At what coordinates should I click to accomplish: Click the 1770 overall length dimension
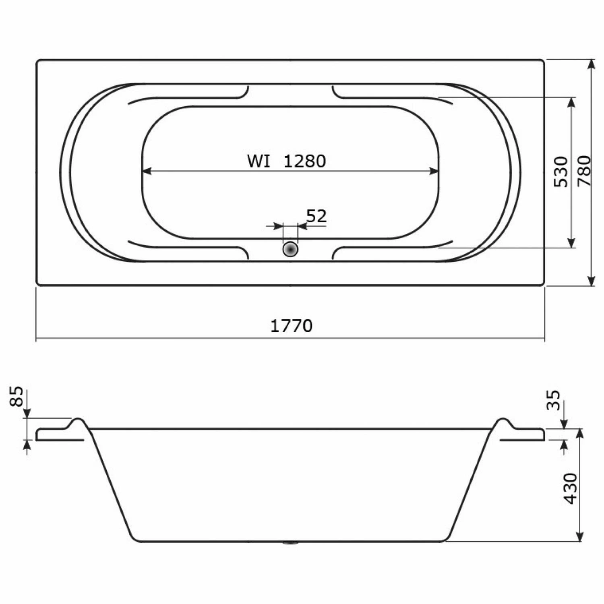pos(291,326)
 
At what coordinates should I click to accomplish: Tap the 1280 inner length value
pos(304,161)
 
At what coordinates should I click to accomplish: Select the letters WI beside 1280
pos(259,161)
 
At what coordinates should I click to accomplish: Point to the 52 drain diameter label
pos(316,217)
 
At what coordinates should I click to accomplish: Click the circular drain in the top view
pos(290,249)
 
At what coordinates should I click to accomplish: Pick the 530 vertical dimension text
pos(561,172)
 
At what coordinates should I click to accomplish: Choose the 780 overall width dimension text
pos(584,171)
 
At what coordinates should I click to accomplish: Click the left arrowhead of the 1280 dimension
pos(147,172)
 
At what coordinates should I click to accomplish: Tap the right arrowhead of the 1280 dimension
pos(434,172)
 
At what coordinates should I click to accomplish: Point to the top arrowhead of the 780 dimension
pos(591,65)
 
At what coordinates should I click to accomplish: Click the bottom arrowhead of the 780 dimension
pos(591,281)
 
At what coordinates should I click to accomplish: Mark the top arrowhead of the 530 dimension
pos(571,102)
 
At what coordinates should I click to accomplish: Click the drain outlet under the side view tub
pos(290,543)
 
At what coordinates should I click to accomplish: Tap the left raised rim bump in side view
pos(79,421)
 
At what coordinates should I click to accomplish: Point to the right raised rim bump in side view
pos(503,421)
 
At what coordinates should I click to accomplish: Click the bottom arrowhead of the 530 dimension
pos(571,243)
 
